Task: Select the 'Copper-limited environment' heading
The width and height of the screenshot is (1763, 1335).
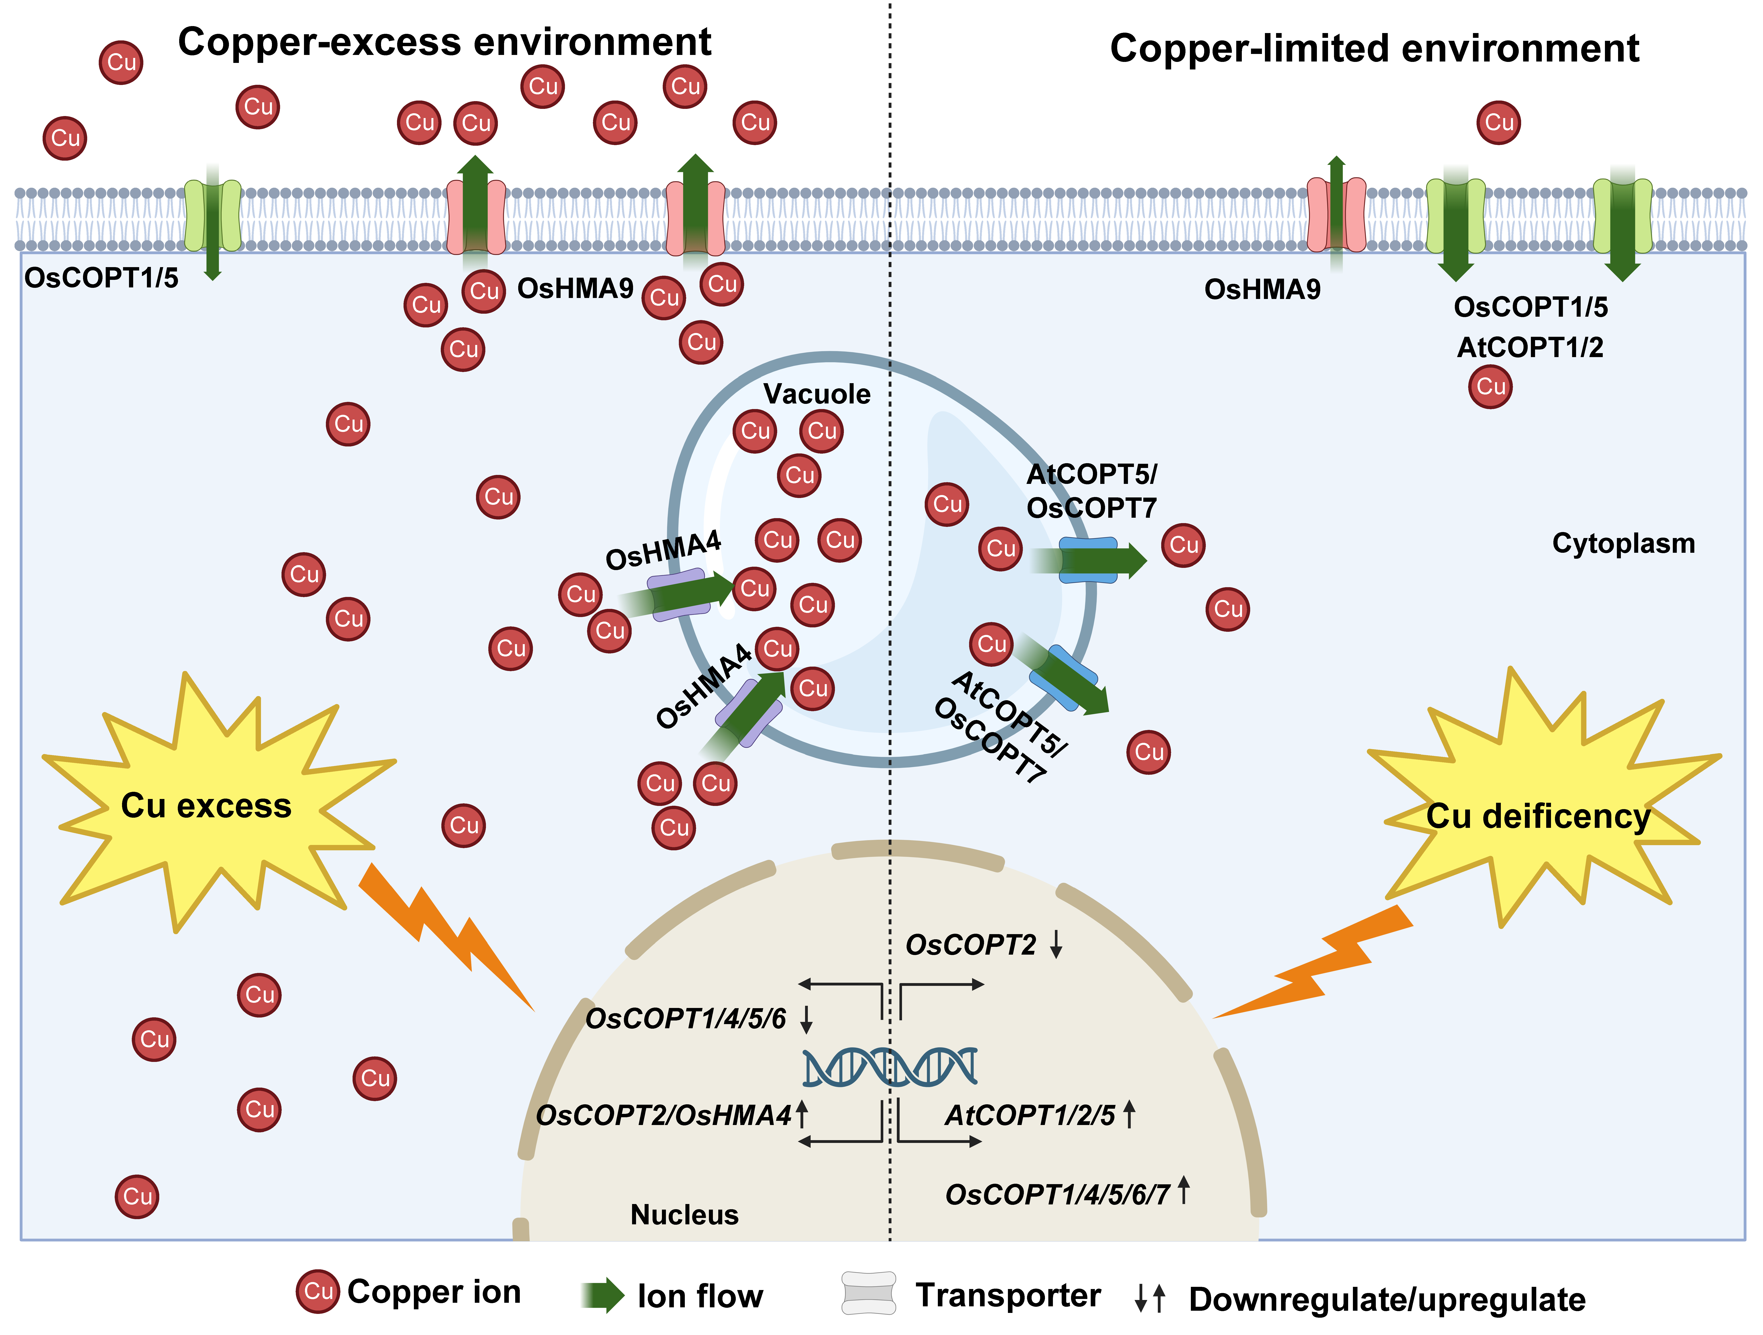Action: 1374,49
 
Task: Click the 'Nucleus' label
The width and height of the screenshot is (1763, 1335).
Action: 684,1215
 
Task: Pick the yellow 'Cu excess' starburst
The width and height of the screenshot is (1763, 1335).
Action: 206,805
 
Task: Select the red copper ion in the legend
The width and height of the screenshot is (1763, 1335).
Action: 318,1291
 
